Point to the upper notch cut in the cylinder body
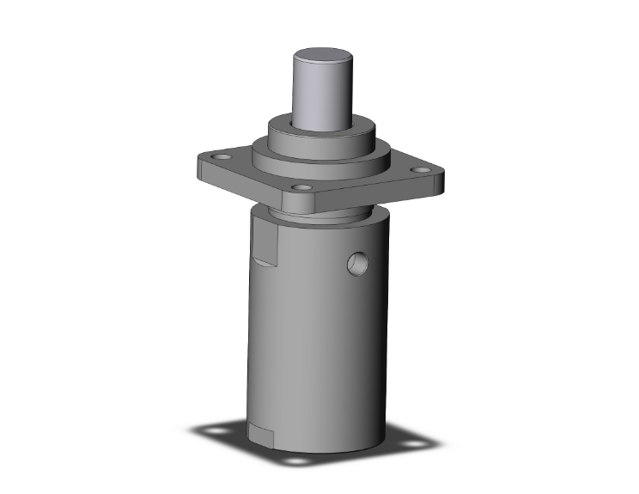266,250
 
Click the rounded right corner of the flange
440,180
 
